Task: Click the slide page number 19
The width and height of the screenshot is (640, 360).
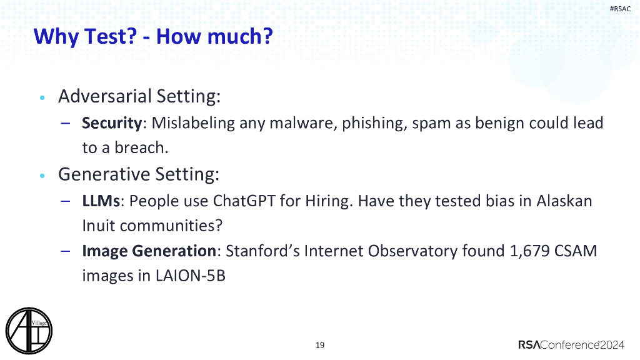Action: click(x=320, y=345)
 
